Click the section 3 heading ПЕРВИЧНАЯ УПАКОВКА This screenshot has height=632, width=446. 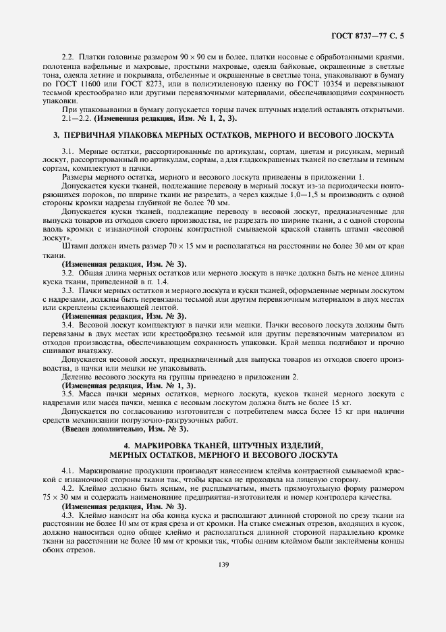pyautogui.click(x=224, y=135)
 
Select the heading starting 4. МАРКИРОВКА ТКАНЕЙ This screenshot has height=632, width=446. pyautogui.click(x=224, y=446)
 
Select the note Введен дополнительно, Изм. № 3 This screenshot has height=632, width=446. pyautogui.click(x=126, y=429)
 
